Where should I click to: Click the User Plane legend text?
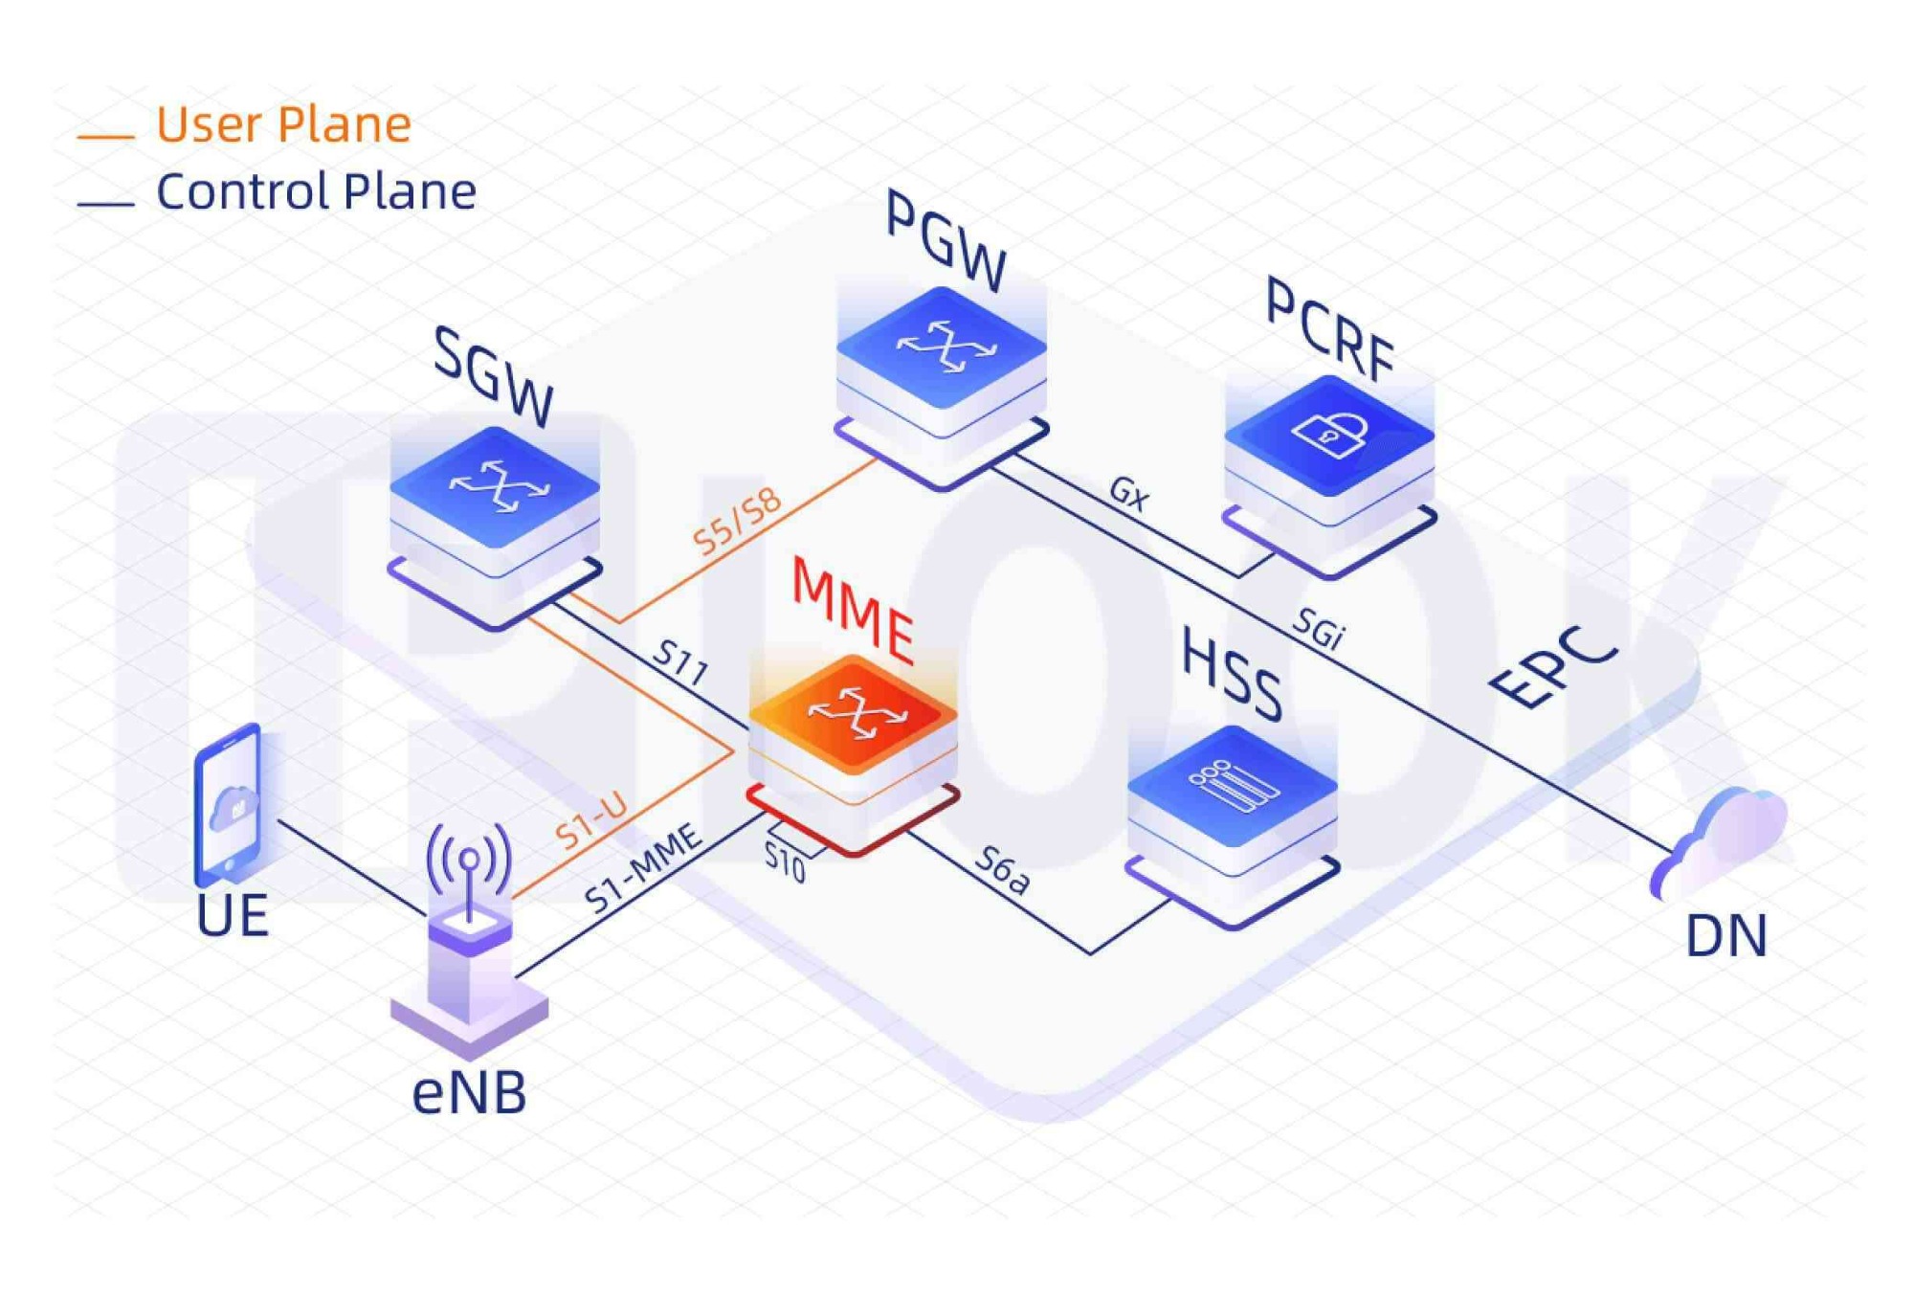coord(283,124)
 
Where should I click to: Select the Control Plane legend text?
coord(316,191)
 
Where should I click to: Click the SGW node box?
coord(495,526)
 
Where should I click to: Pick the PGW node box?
coord(942,388)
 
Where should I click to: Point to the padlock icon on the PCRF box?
coord(1331,433)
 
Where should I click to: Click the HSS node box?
coord(1233,826)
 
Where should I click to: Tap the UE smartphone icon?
coord(229,804)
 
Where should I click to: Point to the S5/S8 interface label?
coord(737,523)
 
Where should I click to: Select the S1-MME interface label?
coord(643,869)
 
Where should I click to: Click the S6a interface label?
coord(1002,871)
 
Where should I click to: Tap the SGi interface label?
coord(1319,629)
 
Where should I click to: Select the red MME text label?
coord(853,610)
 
